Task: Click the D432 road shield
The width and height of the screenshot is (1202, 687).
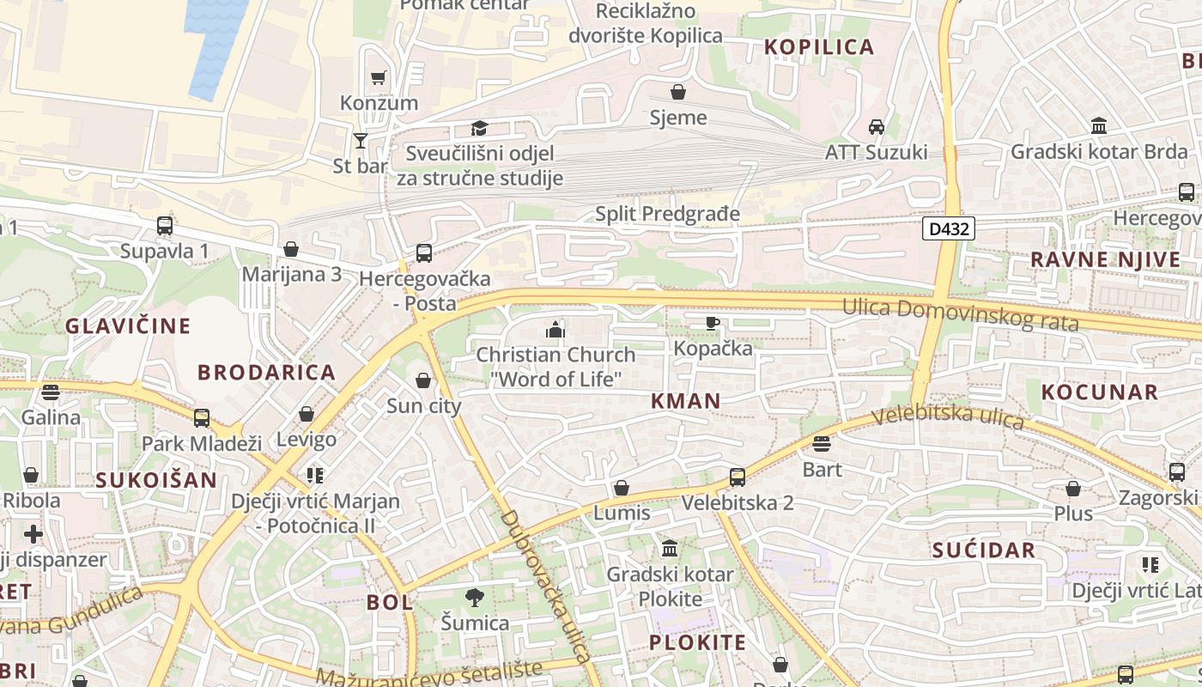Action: (949, 228)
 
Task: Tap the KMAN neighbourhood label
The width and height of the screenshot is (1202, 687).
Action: (685, 400)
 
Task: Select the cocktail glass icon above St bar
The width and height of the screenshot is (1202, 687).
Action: (361, 140)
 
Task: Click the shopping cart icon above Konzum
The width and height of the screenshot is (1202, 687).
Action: (378, 78)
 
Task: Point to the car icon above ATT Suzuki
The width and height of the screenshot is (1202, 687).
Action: (876, 127)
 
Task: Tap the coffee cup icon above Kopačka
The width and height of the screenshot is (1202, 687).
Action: (712, 323)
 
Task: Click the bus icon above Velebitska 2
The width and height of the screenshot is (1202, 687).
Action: (737, 477)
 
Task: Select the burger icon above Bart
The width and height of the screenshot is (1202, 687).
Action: (822, 444)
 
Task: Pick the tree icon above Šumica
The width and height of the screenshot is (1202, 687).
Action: (474, 597)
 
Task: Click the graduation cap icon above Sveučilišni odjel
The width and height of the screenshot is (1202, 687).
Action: (479, 129)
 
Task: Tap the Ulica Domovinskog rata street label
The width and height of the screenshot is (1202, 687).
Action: (960, 313)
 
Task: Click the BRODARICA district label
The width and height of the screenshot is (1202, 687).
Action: (266, 372)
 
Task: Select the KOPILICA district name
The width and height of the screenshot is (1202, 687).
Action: (819, 47)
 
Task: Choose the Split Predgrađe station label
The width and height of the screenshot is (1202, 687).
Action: (667, 213)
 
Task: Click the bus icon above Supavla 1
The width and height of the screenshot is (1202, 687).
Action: (164, 226)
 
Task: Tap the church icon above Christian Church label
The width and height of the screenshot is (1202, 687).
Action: (555, 329)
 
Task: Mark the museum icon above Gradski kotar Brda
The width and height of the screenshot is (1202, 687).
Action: (1098, 127)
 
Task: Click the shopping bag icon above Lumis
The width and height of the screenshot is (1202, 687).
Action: (622, 488)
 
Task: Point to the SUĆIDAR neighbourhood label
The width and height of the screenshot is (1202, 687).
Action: (984, 550)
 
